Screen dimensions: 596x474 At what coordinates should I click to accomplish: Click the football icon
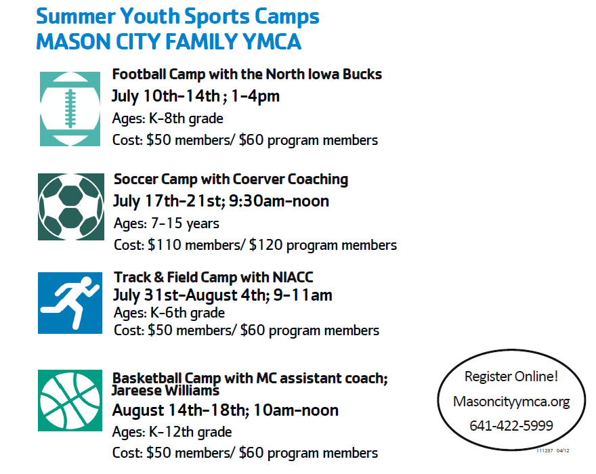(70, 109)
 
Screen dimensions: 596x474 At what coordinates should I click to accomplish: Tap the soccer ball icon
(71, 207)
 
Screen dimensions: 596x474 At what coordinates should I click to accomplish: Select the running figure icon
(70, 303)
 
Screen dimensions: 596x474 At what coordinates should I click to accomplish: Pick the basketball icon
(70, 400)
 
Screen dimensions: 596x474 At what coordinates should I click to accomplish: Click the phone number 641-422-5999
(511, 426)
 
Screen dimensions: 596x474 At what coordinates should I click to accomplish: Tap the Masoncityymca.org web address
(511, 402)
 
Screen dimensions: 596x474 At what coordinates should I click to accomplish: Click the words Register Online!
(511, 376)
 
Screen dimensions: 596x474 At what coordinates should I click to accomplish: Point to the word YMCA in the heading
(272, 41)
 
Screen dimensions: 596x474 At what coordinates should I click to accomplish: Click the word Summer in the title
(76, 16)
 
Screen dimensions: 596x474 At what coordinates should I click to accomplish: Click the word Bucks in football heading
(362, 74)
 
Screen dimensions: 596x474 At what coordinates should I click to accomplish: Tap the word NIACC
(293, 277)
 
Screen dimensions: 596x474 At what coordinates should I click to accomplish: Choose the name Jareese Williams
(165, 391)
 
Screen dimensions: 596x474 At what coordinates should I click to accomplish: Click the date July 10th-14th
(166, 95)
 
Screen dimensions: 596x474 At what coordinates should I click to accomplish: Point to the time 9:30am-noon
(279, 201)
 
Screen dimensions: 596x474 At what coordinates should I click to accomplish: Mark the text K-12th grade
(190, 432)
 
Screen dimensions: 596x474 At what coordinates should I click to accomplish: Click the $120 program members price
(322, 245)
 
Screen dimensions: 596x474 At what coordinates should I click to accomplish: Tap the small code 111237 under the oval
(545, 450)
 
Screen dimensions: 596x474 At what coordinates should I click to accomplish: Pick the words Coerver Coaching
(291, 179)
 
